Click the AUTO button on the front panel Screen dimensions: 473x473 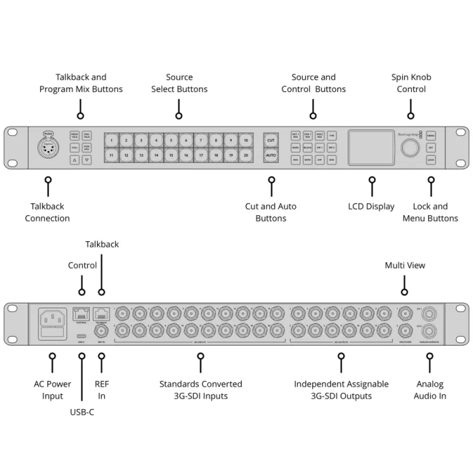pyautogui.click(x=271, y=155)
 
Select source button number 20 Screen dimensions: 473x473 pyautogui.click(x=245, y=155)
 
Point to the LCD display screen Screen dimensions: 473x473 pyautogui.click(x=371, y=147)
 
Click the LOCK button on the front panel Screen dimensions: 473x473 pyautogui.click(x=431, y=160)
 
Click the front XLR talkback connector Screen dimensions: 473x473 pyautogui.click(x=48, y=148)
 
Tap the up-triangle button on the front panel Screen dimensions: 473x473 pyautogui.click(x=74, y=160)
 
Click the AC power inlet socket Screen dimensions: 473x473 pyautogui.click(x=51, y=320)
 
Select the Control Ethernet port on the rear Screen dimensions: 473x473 pyautogui.click(x=82, y=315)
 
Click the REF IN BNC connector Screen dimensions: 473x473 pyautogui.click(x=102, y=331)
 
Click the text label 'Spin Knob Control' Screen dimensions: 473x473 pyautogui.click(x=411, y=83)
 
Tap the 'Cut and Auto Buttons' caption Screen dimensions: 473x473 pyautogui.click(x=271, y=212)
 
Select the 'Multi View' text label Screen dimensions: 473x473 pyautogui.click(x=404, y=265)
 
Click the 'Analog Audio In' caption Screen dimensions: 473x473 pyautogui.click(x=430, y=390)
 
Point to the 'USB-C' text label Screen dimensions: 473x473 pyautogui.click(x=82, y=412)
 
